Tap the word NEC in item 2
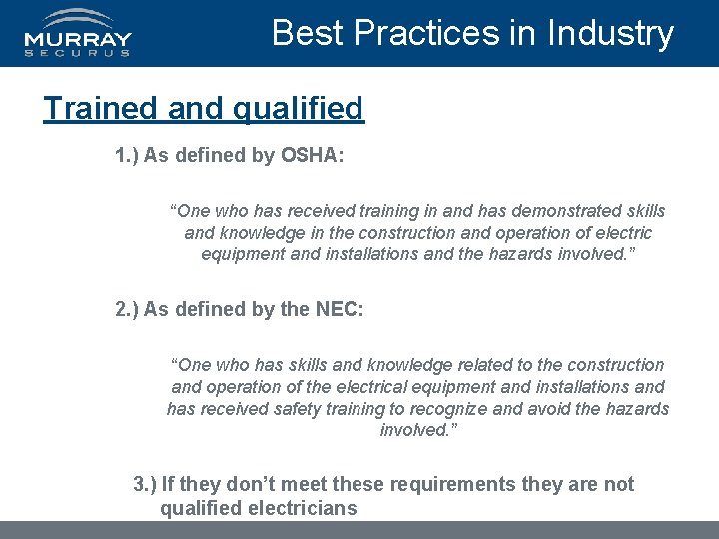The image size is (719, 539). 338,309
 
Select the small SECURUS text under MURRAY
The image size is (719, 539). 78,53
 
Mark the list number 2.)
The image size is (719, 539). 127,309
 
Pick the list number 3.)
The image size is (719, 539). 145,484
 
